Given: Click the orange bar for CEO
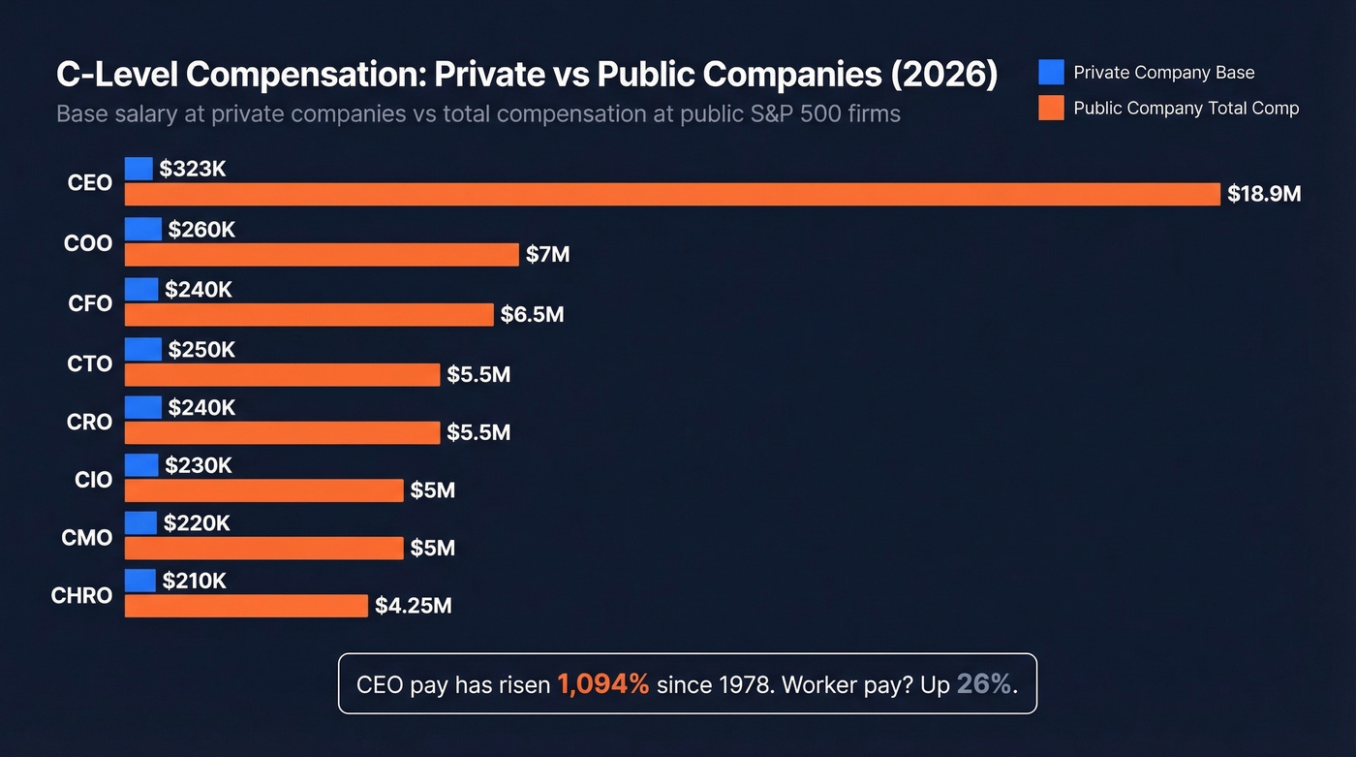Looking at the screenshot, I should pyautogui.click(x=672, y=194).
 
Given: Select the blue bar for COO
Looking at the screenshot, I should pyautogui.click(x=143, y=230).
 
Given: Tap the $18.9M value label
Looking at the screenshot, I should pyautogui.click(x=1264, y=194).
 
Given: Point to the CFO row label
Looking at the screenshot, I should pyautogui.click(x=90, y=303).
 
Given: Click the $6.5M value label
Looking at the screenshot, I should pyautogui.click(x=532, y=314).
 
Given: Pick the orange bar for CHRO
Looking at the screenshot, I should pyautogui.click(x=246, y=606).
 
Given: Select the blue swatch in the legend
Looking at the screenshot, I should pyautogui.click(x=1051, y=73).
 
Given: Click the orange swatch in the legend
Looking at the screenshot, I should pyautogui.click(x=1051, y=108).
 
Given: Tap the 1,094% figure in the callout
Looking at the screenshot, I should pyautogui.click(x=602, y=684).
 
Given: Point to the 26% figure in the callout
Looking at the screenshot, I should pyautogui.click(x=984, y=684).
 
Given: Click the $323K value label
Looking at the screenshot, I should pyautogui.click(x=193, y=170).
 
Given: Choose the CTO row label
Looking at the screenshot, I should pyautogui.click(x=90, y=363).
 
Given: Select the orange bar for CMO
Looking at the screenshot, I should pyautogui.click(x=263, y=548).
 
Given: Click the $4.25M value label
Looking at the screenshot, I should pyautogui.click(x=414, y=606).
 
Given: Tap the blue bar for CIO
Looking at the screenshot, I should pyautogui.click(x=141, y=465).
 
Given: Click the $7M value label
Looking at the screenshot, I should pyautogui.click(x=547, y=255).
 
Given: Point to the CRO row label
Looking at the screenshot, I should pyautogui.click(x=90, y=422).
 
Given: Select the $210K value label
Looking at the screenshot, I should pyautogui.click(x=194, y=581).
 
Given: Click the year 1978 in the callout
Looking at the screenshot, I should pyautogui.click(x=744, y=684).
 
